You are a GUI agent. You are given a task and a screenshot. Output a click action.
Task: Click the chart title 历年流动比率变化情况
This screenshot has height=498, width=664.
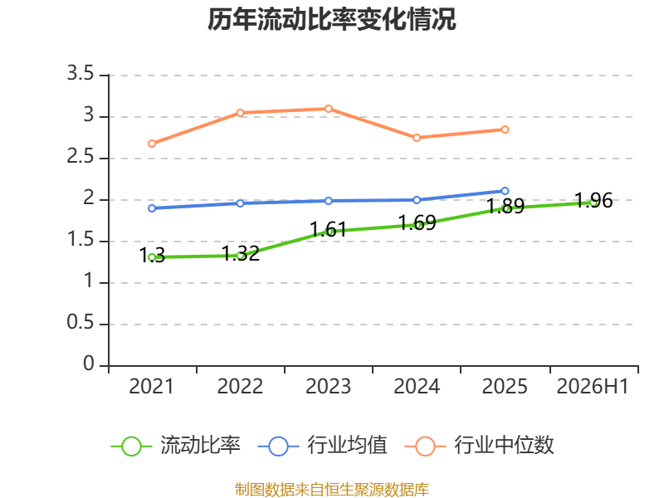(x=331, y=19)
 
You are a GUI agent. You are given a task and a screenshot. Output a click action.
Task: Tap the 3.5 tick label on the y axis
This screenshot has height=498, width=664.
(x=81, y=73)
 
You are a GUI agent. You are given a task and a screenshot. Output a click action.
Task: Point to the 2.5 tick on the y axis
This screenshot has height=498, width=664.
(x=81, y=157)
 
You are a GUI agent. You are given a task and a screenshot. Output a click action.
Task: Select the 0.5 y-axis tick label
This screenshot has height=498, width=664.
(x=81, y=323)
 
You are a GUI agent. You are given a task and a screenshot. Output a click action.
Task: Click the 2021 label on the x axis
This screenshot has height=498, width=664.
(x=152, y=386)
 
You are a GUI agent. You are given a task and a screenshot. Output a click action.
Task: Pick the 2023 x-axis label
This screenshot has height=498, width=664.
(x=328, y=386)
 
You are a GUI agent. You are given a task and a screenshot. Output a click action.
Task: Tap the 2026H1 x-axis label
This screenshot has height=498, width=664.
(x=593, y=386)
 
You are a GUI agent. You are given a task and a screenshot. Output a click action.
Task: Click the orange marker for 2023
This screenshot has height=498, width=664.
(x=328, y=109)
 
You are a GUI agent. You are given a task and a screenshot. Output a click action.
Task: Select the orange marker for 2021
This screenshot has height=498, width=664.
(x=152, y=144)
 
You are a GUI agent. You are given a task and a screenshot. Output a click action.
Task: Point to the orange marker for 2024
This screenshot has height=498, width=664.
(x=417, y=138)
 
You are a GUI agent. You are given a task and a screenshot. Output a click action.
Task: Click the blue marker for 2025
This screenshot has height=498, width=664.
(x=505, y=191)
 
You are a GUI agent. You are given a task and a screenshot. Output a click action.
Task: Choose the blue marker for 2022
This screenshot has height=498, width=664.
(x=240, y=203)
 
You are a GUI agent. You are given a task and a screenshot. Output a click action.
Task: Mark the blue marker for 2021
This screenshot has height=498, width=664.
(x=152, y=208)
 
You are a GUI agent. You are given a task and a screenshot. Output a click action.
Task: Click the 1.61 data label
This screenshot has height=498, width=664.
(x=328, y=230)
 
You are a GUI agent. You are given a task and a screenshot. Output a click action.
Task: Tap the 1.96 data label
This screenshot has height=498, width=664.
(x=593, y=200)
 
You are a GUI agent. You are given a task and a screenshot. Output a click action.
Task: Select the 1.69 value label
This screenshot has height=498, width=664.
(x=417, y=222)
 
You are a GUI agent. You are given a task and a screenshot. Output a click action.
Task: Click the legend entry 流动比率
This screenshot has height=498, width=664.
(x=176, y=445)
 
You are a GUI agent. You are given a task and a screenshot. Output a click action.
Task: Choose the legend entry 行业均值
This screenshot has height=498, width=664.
(x=323, y=445)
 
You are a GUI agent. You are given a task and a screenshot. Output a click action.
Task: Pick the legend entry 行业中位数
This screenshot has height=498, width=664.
(x=480, y=445)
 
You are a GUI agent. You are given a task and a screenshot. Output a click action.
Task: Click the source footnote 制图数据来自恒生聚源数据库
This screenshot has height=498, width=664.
(x=332, y=489)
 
